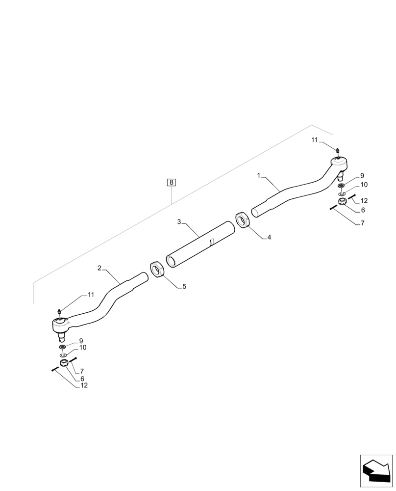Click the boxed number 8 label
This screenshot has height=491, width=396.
point(171,183)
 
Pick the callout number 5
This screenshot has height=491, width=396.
point(184,286)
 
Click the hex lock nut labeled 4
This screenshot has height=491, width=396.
point(242,219)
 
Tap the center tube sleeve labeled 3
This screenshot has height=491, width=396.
point(201,244)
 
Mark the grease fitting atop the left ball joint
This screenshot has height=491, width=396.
point(59,311)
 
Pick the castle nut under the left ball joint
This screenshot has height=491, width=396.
point(63,363)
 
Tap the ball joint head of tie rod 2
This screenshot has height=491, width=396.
point(61,324)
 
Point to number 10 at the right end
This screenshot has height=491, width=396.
point(364,185)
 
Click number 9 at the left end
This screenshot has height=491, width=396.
point(81,341)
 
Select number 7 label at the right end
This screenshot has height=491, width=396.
point(362,223)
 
